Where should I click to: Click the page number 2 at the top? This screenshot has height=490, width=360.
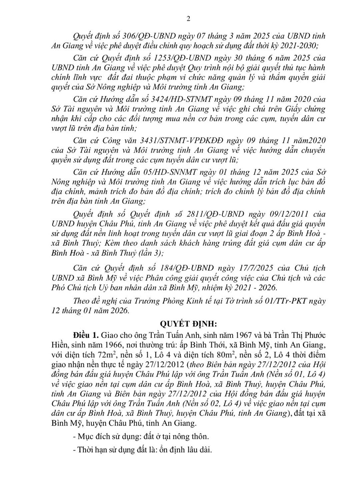pos(188,19)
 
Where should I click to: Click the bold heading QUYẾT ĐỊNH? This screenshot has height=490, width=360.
pos(188,324)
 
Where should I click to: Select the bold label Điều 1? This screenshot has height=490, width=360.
pos(86,336)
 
